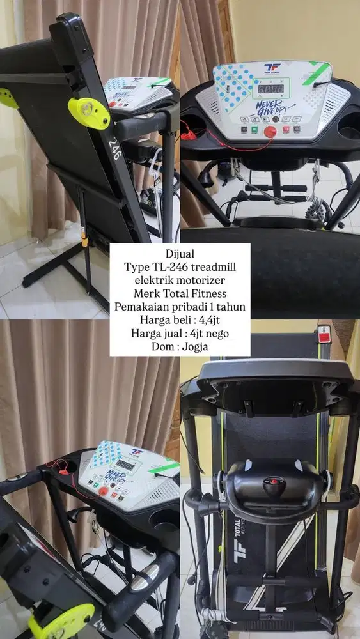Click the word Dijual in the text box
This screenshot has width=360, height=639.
point(180,253)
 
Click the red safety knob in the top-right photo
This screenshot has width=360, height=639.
point(269,130)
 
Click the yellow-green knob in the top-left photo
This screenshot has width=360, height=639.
point(88,112)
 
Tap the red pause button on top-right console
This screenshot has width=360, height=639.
point(284,129)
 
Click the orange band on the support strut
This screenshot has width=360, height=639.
point(86,243)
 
